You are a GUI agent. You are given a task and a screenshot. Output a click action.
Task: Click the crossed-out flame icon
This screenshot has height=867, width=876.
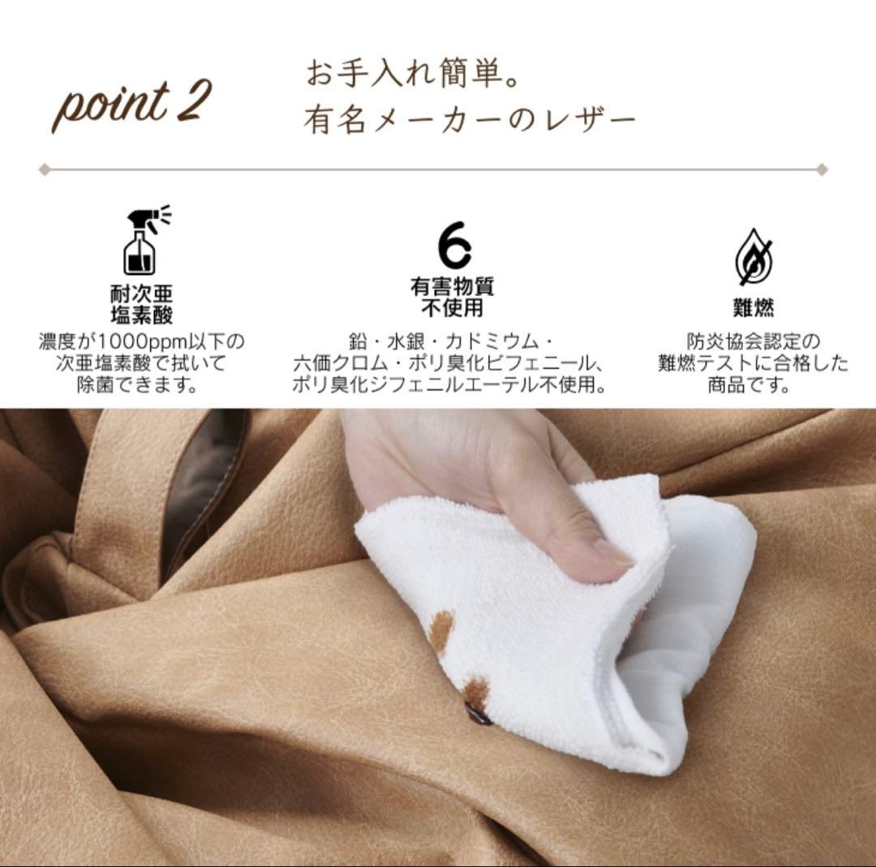754,257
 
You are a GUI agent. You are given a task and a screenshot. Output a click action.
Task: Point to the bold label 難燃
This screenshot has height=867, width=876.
754,307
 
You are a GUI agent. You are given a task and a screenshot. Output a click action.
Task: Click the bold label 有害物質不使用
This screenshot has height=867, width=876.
452,297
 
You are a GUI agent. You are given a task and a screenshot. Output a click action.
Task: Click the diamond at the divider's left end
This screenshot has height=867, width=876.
45,170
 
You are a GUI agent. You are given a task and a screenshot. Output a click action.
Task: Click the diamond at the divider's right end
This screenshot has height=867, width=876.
822,170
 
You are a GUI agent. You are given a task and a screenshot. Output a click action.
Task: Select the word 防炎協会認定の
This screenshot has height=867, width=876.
753,341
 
